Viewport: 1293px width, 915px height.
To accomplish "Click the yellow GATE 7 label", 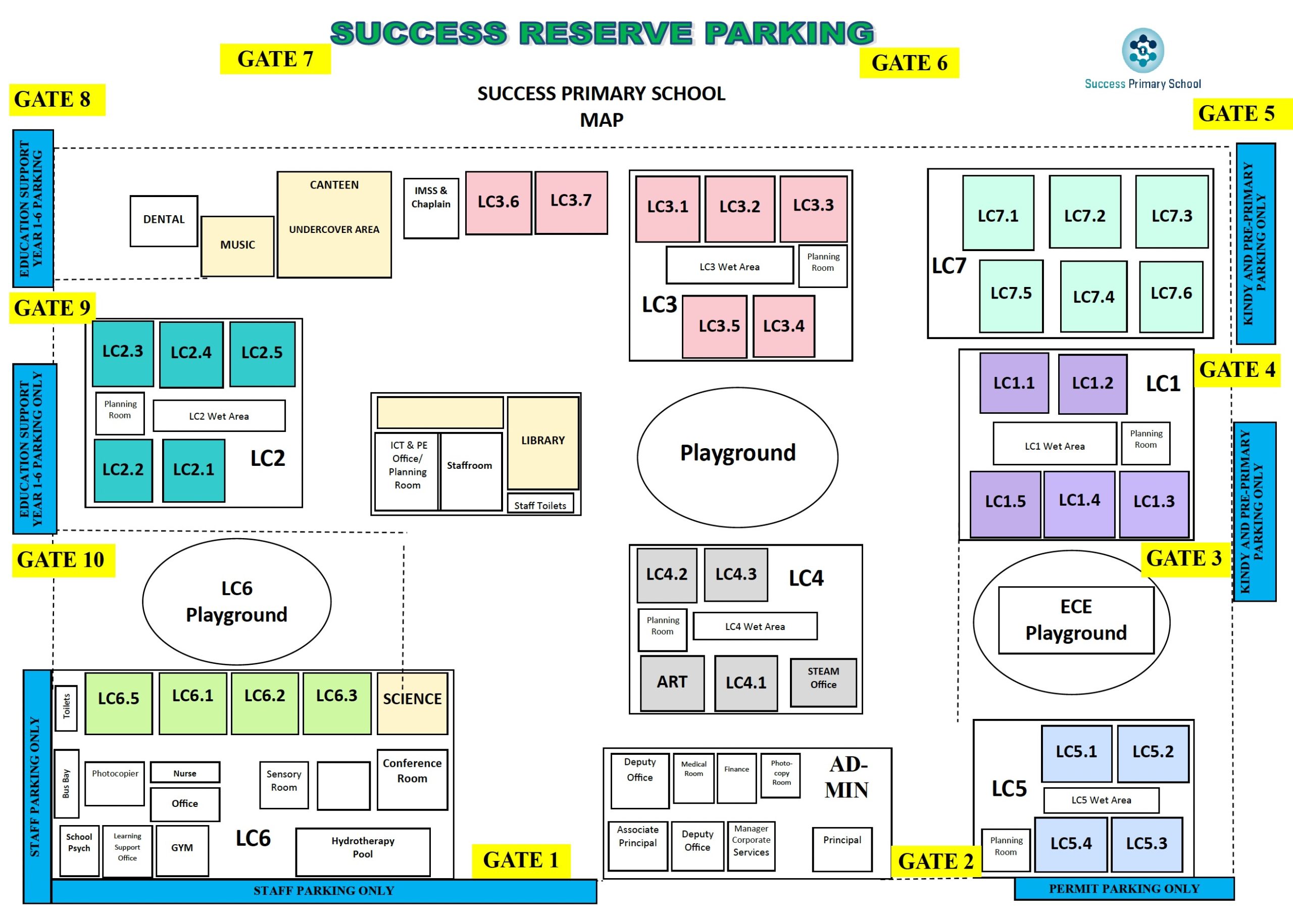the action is (275, 59).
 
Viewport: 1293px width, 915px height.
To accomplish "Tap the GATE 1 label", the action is (521, 860).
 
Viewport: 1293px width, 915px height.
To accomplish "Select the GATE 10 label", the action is (64, 560).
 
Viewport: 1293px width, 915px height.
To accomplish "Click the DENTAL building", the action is (164, 221).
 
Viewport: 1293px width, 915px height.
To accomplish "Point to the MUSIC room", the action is (238, 246).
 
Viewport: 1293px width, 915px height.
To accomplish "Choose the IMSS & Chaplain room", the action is (431, 209).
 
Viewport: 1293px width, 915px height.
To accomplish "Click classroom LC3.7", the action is (571, 202).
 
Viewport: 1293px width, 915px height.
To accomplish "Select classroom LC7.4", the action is (1093, 297).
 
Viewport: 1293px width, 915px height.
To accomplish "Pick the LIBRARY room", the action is (543, 443).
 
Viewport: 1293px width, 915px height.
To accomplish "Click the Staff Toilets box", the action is (540, 504).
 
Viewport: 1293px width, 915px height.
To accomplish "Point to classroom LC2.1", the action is (194, 470).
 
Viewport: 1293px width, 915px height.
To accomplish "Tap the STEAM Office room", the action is (823, 682).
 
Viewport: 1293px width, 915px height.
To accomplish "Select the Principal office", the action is (842, 849).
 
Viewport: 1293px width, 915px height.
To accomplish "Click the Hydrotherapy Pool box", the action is (363, 852).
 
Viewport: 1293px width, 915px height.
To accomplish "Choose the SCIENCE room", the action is (412, 704).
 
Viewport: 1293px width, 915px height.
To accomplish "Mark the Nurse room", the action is (185, 773).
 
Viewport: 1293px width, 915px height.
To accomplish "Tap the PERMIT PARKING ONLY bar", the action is (1124, 889).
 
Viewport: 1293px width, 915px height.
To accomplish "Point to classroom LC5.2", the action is (1153, 754).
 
